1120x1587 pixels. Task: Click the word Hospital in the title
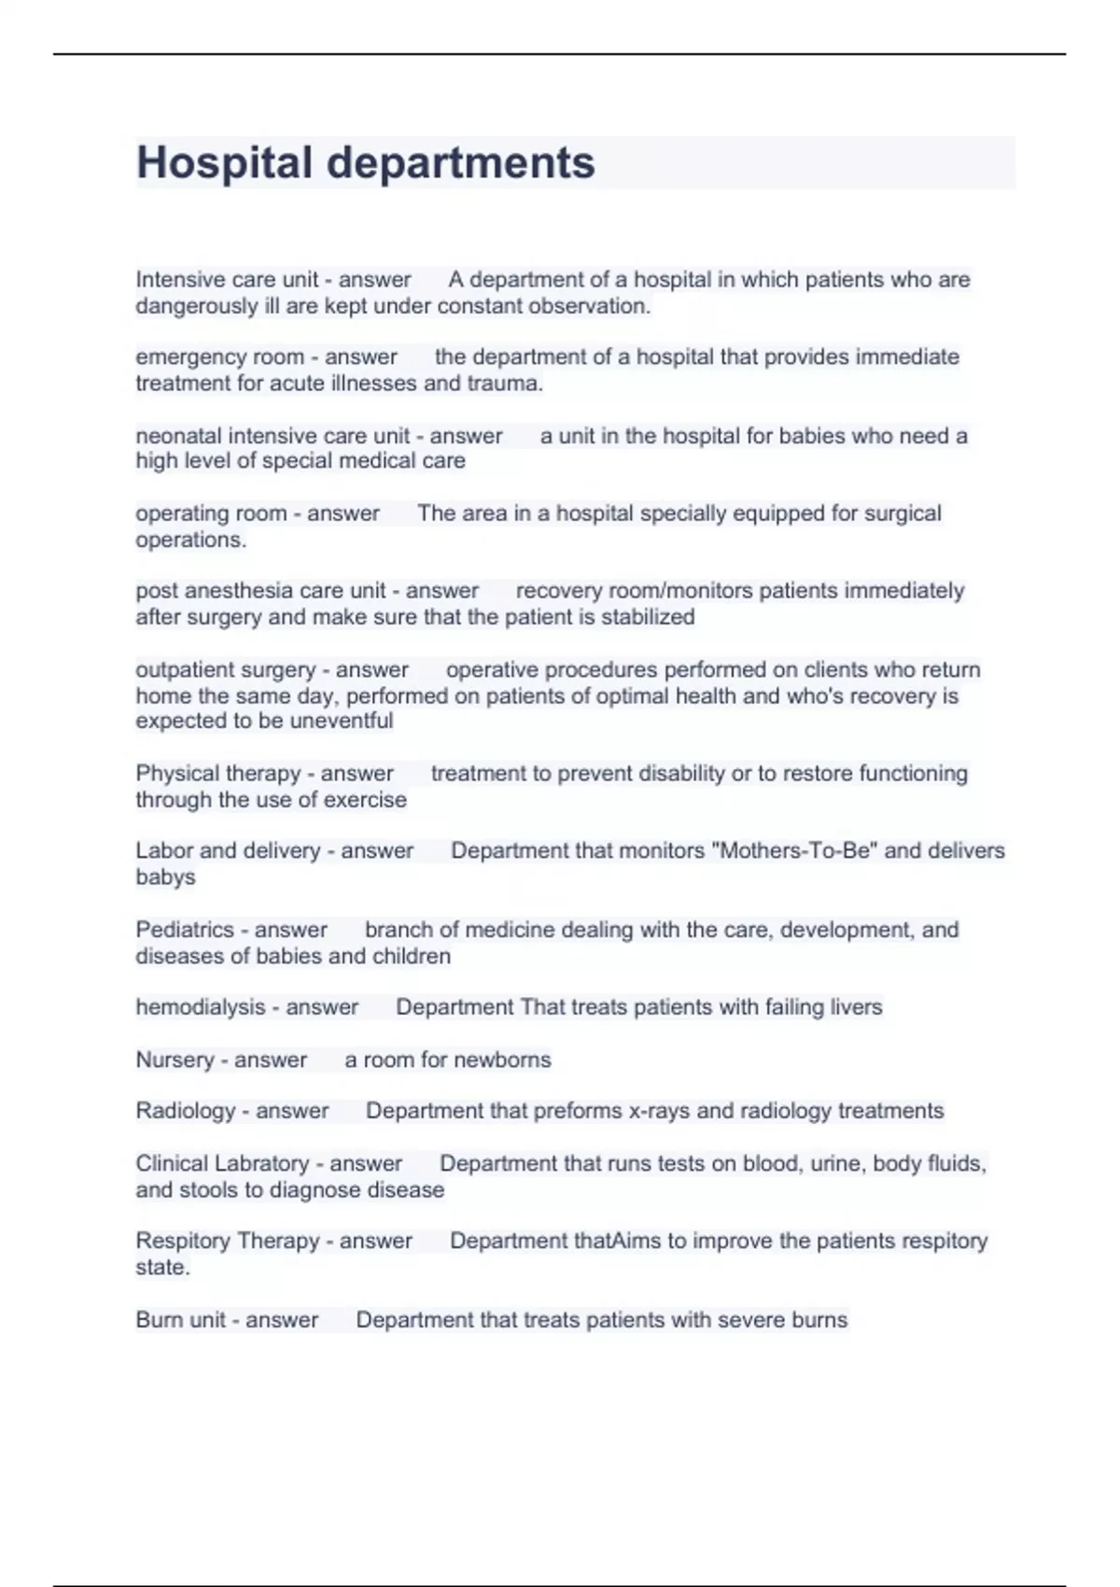[224, 162]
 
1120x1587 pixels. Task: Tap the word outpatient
[185, 669]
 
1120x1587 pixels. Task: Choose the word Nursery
[175, 1060]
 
